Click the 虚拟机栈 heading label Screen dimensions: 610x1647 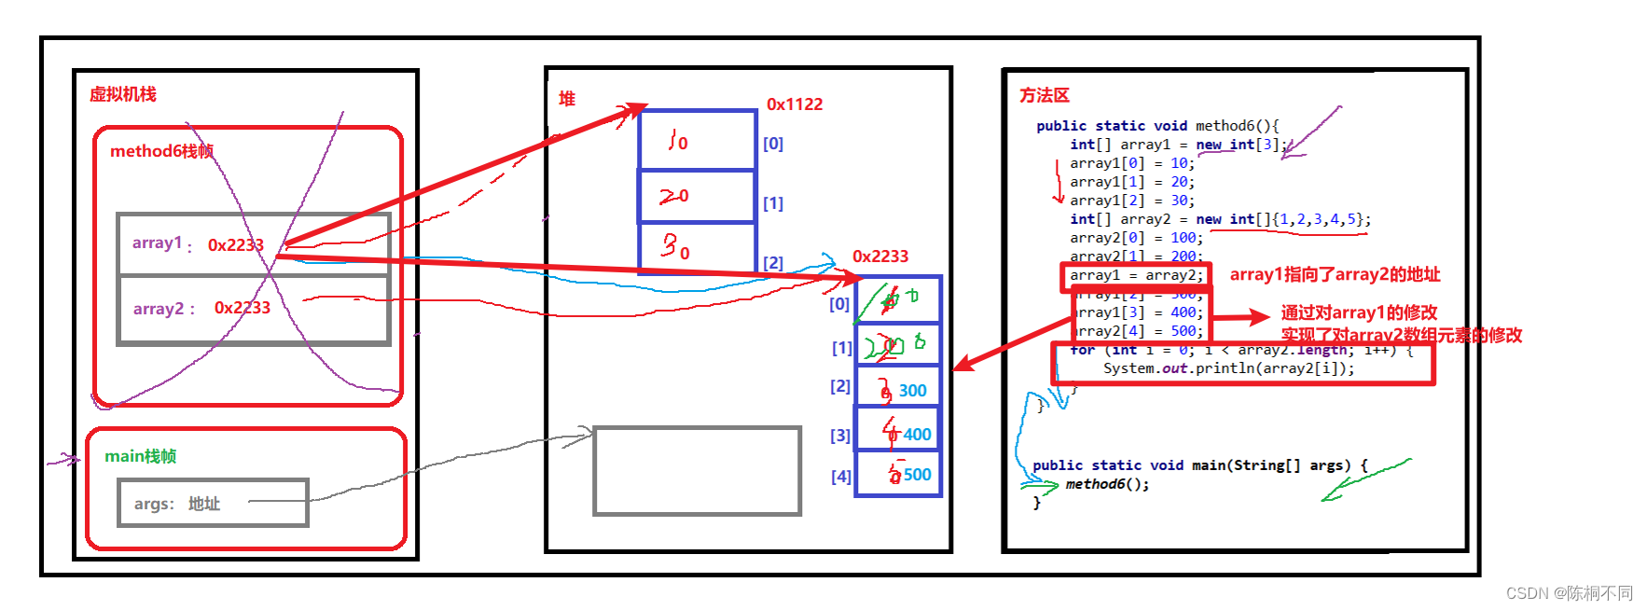[x=122, y=94]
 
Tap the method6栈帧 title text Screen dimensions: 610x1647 [x=161, y=151]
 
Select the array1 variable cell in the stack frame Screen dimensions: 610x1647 [x=253, y=244]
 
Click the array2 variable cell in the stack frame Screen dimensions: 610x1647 [x=253, y=309]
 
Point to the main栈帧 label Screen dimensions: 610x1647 [x=140, y=456]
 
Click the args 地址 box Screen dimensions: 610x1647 [x=213, y=504]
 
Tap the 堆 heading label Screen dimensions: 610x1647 [x=567, y=99]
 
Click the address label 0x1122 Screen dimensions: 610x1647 [x=795, y=104]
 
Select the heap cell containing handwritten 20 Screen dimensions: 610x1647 [x=697, y=196]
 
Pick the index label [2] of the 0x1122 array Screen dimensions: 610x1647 [x=773, y=263]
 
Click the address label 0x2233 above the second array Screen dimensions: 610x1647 [x=879, y=256]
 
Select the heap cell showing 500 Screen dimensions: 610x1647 [x=897, y=475]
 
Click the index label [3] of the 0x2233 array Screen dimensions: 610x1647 [x=840, y=436]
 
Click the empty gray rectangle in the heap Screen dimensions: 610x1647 [x=697, y=471]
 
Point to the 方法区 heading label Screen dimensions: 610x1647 [x=1044, y=95]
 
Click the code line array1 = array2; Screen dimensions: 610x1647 [x=1136, y=275]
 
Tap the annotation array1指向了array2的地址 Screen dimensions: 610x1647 [x=1335, y=274]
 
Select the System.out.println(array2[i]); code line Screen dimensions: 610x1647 [x=1228, y=368]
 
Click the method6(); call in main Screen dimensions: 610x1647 [x=1107, y=484]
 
